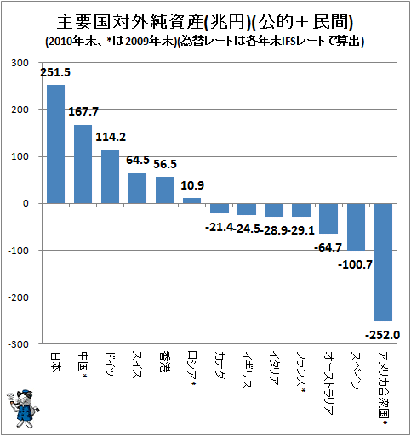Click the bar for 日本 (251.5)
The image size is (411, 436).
coord(55,144)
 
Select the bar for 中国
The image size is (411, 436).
coord(83,164)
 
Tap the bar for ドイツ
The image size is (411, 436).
coord(110,177)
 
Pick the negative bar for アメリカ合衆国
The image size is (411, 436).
coord(383,262)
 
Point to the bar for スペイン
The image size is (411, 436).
coord(356,227)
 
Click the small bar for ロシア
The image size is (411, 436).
coord(191,201)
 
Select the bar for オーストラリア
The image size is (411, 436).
coord(328,218)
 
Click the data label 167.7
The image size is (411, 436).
coord(83,111)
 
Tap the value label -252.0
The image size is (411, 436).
coord(382,335)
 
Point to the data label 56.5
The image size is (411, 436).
coord(165,164)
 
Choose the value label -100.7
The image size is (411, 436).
coord(355,264)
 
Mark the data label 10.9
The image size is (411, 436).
coord(192,185)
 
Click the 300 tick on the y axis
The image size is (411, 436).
coord(20,63)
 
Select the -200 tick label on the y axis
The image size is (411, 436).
coord(18,297)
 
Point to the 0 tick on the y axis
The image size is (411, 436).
coord(26,203)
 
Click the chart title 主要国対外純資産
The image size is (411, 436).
coord(130,22)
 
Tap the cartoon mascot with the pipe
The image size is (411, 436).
coord(23,408)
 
